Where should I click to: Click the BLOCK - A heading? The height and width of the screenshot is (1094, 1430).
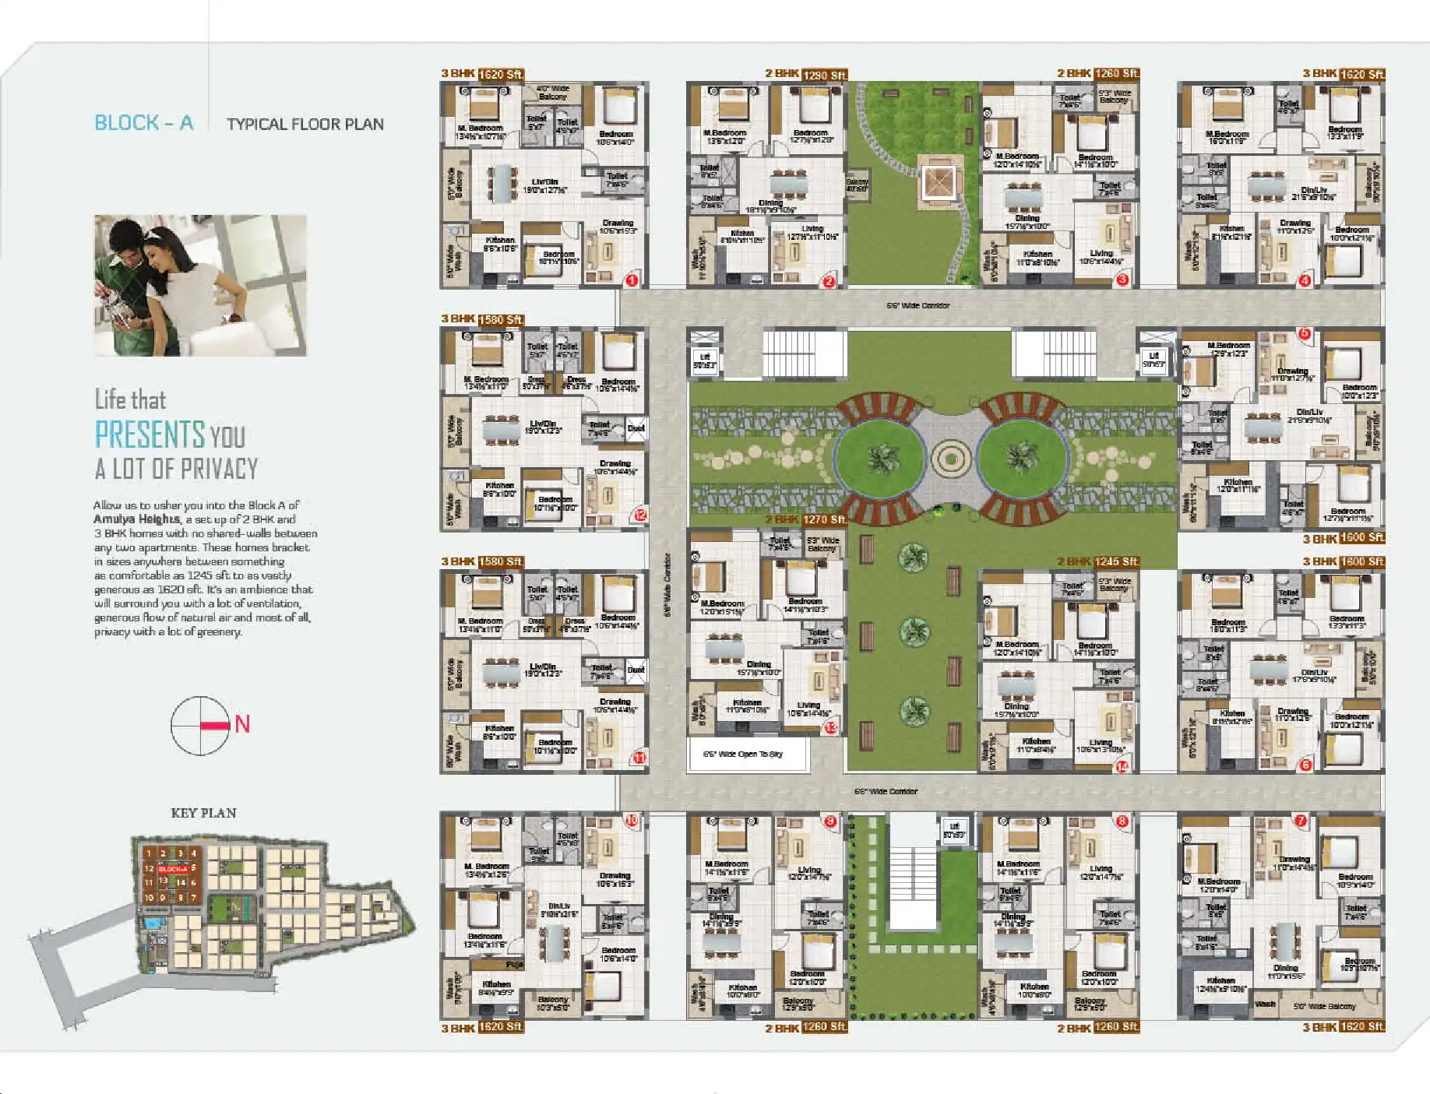click(143, 123)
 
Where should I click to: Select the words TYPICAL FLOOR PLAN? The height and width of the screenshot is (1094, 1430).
click(305, 125)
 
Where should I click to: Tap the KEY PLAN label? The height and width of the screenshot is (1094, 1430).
click(203, 813)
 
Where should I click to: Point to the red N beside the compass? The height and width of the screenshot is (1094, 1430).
click(242, 725)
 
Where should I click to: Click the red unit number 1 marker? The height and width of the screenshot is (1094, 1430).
click(632, 280)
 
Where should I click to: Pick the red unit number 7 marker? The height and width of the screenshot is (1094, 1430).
click(1300, 821)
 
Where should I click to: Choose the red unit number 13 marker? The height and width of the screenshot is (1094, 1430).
click(831, 727)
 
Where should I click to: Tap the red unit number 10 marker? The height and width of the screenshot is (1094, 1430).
click(632, 820)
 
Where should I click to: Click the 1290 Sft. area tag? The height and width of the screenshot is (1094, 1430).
click(825, 76)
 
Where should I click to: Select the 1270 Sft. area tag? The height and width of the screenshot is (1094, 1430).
click(825, 519)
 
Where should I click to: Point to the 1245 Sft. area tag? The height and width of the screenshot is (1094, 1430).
click(1116, 561)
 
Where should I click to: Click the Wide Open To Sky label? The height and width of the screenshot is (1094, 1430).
click(743, 754)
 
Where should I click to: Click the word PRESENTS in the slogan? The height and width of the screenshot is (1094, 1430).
click(150, 434)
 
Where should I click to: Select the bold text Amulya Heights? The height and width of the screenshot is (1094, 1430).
click(137, 519)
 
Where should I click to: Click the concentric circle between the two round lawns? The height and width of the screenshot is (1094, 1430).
click(950, 459)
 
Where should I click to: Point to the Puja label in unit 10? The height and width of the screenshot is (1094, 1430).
click(515, 964)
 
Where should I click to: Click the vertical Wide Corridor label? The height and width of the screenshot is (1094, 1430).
click(667, 585)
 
